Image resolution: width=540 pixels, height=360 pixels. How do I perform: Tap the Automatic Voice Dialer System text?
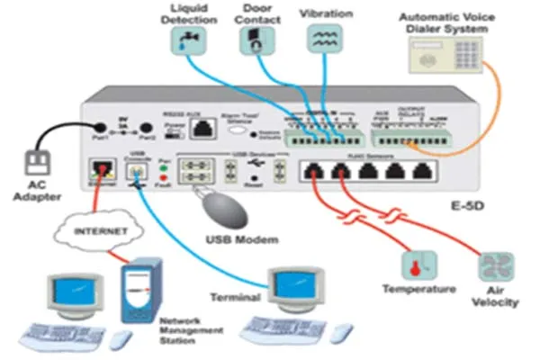tap(444, 22)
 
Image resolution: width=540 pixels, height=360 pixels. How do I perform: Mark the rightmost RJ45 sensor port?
tap(424, 173)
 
